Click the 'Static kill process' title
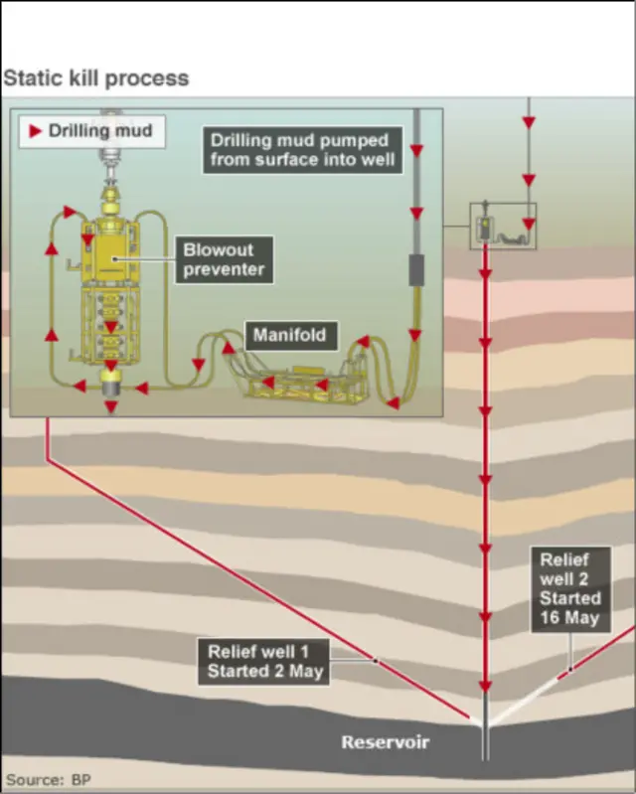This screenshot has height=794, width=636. click(x=96, y=78)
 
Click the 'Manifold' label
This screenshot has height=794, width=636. click(x=289, y=335)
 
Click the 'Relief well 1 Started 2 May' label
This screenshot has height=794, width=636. click(x=264, y=662)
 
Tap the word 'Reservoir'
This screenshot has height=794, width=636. click(x=385, y=741)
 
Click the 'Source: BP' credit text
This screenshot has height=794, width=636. click(x=48, y=778)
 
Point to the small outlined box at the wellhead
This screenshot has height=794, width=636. click(x=503, y=227)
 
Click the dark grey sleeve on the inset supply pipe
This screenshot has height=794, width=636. click(x=417, y=270)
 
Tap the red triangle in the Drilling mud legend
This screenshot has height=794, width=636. click(x=36, y=130)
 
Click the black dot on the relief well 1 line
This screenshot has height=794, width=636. click(x=375, y=659)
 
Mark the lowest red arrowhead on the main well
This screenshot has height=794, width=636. click(x=486, y=686)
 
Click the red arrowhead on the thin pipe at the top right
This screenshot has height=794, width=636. click(x=529, y=122)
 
